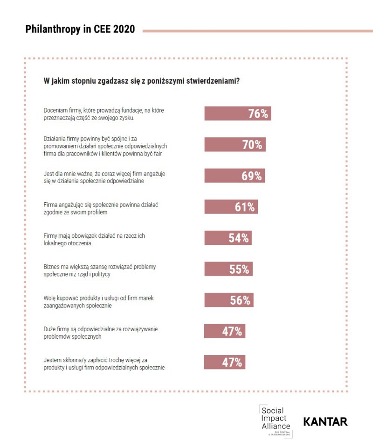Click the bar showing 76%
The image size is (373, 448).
237,114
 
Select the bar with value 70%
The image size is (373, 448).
235,145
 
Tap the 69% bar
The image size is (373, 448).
235,176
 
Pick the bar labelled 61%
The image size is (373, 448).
231,207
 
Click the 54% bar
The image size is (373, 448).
228,238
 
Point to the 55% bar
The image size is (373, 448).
228,269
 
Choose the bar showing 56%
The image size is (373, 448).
229,300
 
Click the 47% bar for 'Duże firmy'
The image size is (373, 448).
225,331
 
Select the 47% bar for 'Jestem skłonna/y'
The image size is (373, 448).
225,362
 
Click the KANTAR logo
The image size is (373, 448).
325,421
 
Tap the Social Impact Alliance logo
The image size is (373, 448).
275,420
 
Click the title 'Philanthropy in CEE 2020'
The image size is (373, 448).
80,29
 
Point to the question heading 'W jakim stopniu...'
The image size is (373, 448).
142,81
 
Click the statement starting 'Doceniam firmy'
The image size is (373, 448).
103,114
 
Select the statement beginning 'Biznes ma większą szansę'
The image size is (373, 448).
99,270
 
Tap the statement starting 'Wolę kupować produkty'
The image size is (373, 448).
99,301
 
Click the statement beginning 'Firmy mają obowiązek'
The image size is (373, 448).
94,239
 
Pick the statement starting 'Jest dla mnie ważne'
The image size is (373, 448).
101,177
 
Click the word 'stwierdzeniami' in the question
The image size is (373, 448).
211,81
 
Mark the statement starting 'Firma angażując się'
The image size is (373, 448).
99,208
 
